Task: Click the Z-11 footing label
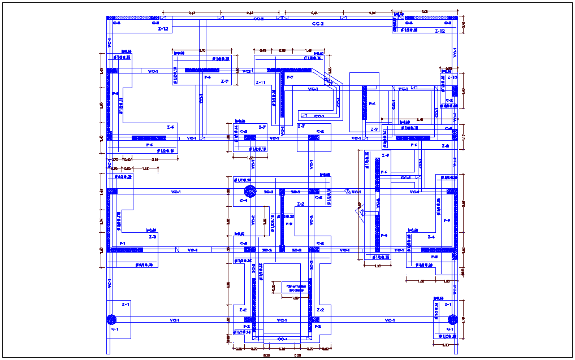[261, 83]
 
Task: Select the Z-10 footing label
[452, 77]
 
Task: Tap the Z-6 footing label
[170, 127]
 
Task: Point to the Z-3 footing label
[152, 237]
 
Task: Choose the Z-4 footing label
[431, 237]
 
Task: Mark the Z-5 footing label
[385, 155]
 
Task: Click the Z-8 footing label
[445, 146]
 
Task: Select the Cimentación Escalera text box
[296, 288]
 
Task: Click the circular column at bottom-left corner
[111, 320]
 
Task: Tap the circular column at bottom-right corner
[451, 320]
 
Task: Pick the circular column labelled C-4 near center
[248, 191]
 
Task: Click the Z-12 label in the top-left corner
[163, 29]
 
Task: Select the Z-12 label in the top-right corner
[440, 32]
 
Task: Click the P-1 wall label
[122, 243]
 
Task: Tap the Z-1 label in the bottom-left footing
[125, 304]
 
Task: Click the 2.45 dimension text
[420, 120]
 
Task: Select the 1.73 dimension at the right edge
[463, 320]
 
